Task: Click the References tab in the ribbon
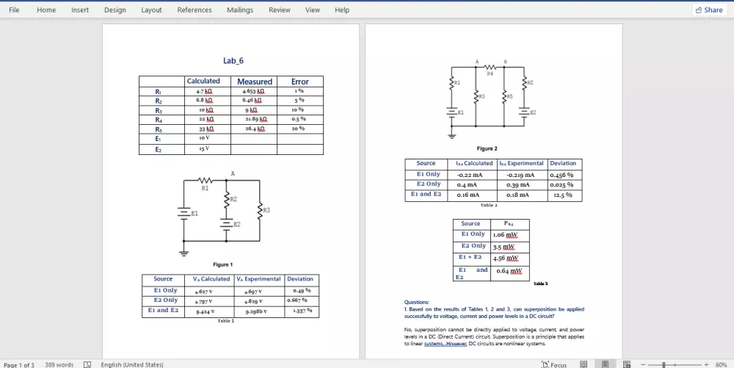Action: [195, 10]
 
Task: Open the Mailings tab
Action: [239, 10]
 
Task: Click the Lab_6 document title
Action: [233, 61]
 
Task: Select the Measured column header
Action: [255, 82]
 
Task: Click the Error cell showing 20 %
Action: [299, 129]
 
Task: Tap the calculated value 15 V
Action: [203, 148]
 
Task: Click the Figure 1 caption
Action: [222, 264]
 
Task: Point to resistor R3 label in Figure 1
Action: [266, 211]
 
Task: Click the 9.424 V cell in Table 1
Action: [205, 311]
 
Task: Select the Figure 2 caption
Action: [487, 149]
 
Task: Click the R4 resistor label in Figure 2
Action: [490, 73]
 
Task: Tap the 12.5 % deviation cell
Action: [563, 195]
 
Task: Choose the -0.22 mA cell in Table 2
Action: [469, 176]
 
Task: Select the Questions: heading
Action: [417, 302]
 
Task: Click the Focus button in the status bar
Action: [555, 364]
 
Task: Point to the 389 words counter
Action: [59, 364]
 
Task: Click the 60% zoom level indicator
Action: [721, 364]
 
